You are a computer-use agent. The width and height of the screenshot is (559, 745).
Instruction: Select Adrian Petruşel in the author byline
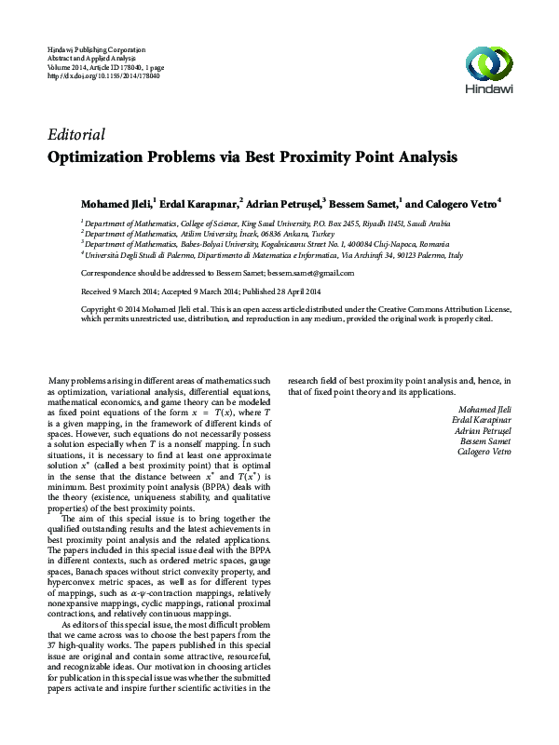point(284,201)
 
